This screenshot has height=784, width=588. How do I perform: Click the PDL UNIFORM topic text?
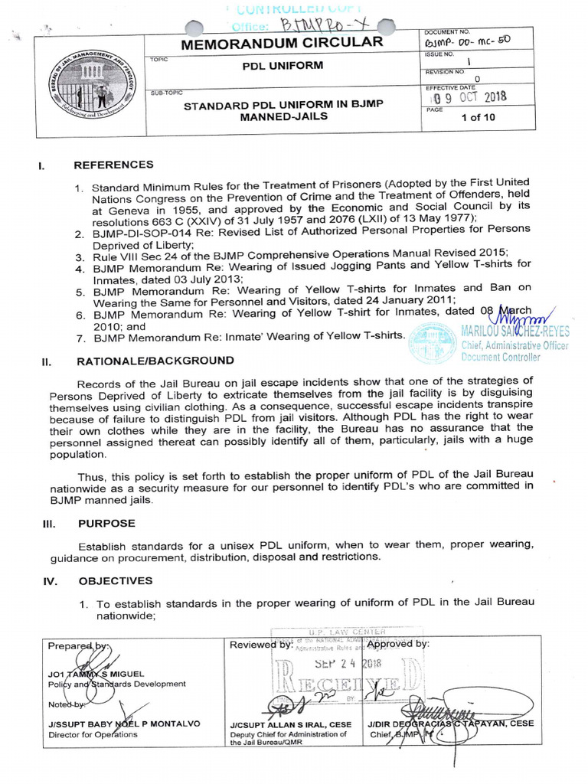pyautogui.click(x=279, y=66)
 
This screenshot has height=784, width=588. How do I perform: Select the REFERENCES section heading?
pyautogui.click(x=113, y=165)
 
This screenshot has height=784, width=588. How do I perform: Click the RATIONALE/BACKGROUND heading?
pyautogui.click(x=154, y=360)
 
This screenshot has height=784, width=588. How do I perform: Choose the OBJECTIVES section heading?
pyautogui.click(x=113, y=580)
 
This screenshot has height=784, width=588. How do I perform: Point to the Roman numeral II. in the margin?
pyautogui.click(x=45, y=361)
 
